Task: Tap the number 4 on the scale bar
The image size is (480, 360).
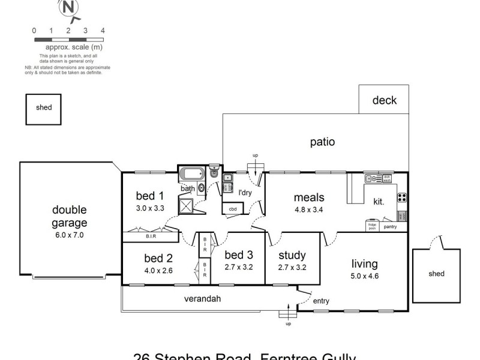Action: click(x=103, y=30)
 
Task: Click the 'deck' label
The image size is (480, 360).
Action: click(x=384, y=100)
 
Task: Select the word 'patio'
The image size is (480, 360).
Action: click(x=322, y=142)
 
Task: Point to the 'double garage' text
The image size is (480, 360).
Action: click(x=70, y=217)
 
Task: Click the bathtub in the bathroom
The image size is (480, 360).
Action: click(x=193, y=175)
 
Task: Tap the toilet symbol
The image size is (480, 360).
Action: click(x=214, y=172)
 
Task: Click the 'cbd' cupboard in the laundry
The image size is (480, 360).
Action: click(x=232, y=209)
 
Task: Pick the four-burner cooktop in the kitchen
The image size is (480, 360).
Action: click(x=402, y=197)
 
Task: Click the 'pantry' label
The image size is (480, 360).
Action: click(x=390, y=227)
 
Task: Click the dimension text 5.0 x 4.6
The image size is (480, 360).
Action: click(x=365, y=277)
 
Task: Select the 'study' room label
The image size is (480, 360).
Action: click(x=292, y=256)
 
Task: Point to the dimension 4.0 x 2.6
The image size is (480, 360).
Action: click(x=158, y=271)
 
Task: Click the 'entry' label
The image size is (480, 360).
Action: click(x=321, y=301)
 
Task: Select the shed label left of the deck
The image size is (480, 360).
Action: click(x=44, y=108)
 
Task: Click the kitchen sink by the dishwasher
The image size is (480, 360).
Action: click(x=373, y=178)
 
